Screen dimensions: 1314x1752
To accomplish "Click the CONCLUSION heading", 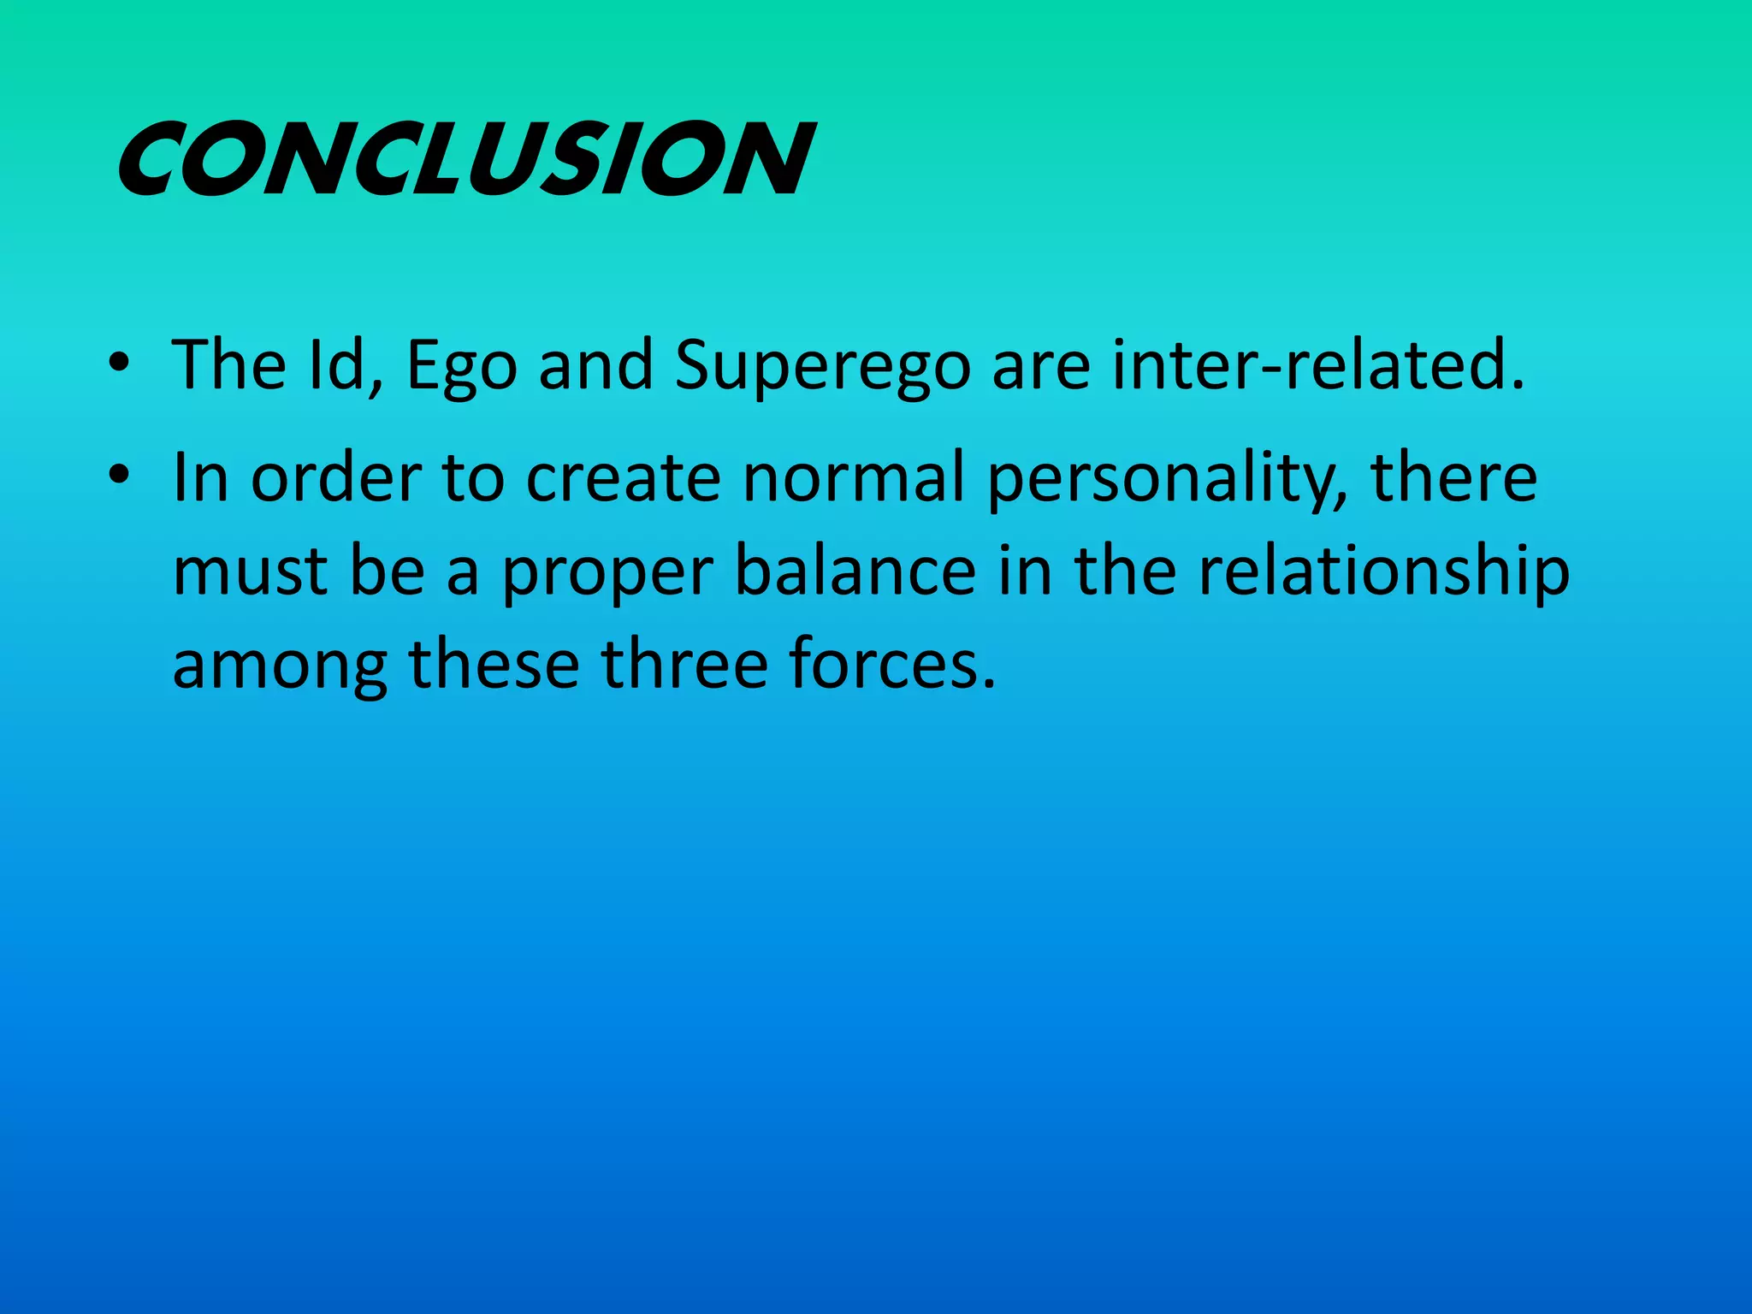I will tap(465, 159).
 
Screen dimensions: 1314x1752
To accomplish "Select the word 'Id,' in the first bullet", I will tap(345, 365).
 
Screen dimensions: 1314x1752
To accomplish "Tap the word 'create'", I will tap(623, 477).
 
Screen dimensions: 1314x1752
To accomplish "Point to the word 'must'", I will tap(249, 571).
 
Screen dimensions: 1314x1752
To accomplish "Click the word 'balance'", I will tap(855, 571).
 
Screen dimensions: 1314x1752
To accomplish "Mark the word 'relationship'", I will tap(1383, 571).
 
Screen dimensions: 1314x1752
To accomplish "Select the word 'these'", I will tap(494, 665).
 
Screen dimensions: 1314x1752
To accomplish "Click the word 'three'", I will tap(684, 665).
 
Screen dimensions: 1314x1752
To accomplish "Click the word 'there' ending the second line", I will tap(1453, 477).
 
